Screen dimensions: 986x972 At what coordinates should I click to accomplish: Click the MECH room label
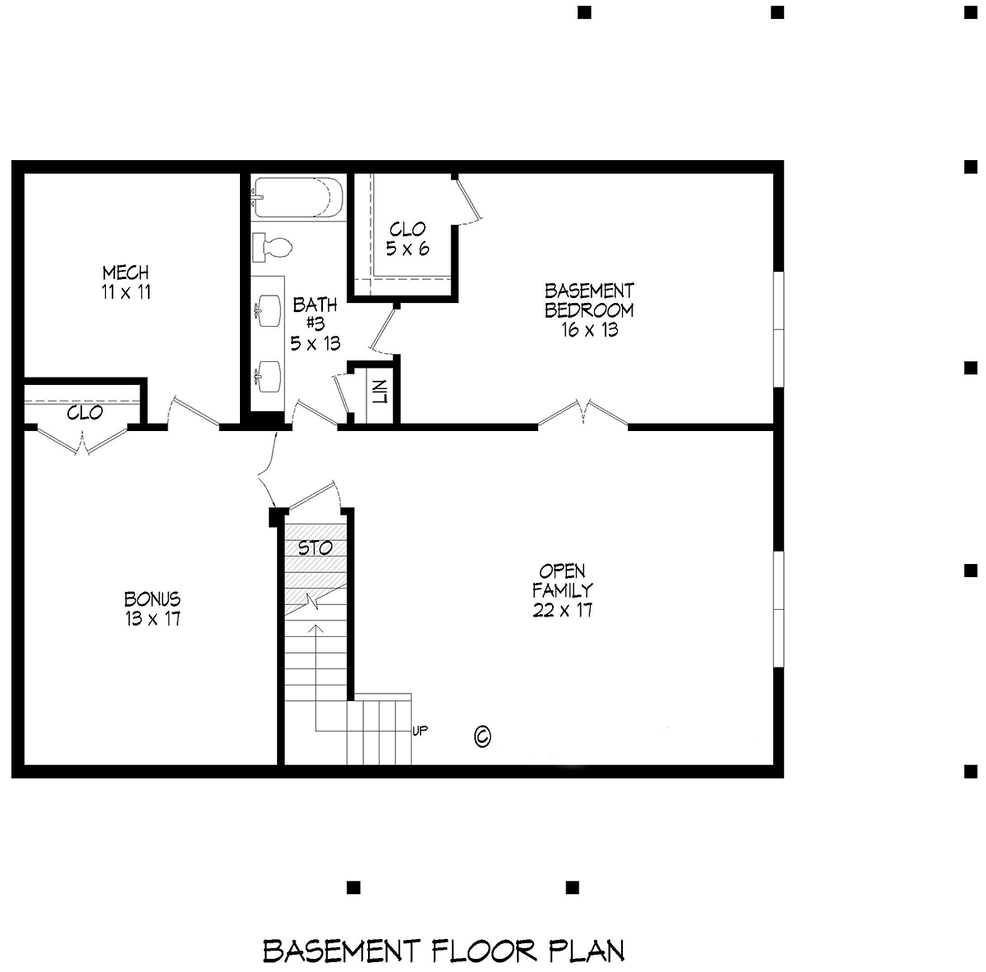(x=126, y=273)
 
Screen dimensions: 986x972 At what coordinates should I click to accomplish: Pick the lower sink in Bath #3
(x=268, y=377)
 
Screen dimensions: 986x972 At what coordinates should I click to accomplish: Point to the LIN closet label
(x=380, y=392)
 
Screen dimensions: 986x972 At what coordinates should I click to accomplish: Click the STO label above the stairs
(x=316, y=548)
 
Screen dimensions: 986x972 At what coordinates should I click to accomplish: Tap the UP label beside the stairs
(x=420, y=731)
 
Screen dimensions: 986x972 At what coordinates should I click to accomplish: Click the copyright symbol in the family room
(x=482, y=736)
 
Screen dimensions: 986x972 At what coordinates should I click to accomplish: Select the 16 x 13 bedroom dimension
(x=589, y=330)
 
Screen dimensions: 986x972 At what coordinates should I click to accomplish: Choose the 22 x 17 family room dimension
(x=562, y=610)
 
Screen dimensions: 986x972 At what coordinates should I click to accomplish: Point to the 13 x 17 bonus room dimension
(x=153, y=619)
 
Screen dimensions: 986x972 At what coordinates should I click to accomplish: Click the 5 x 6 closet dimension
(x=408, y=249)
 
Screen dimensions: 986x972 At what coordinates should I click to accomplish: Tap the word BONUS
(x=153, y=598)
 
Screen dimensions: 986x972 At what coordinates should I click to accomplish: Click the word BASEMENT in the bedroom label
(x=589, y=291)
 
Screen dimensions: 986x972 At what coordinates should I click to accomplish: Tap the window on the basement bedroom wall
(x=778, y=329)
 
